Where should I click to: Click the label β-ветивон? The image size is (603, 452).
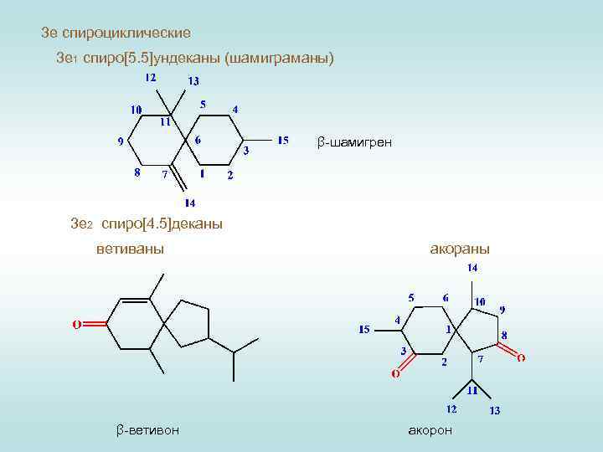pos(147,429)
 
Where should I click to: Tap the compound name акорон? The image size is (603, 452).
pos(430,429)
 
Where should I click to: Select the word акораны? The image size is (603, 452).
pos(460,249)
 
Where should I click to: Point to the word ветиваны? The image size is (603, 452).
pos(130,249)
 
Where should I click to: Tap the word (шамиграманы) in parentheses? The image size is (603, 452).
pos(279,59)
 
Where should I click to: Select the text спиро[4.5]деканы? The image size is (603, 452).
pos(162,224)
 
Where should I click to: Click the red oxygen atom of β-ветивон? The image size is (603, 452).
pos(75,324)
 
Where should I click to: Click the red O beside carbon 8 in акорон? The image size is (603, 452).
pos(520,357)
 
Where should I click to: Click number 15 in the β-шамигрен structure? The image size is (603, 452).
pos(283,140)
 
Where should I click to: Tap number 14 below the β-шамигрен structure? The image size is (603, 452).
pos(190,203)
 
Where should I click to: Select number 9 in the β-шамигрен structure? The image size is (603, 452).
pos(121,141)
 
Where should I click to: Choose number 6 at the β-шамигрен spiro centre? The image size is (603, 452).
pos(197,140)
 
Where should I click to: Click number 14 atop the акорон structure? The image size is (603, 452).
pos(473,268)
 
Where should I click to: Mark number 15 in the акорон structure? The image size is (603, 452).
pos(364,329)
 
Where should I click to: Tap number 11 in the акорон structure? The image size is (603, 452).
pos(472,389)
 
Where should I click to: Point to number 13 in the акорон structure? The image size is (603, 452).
pos(495,410)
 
